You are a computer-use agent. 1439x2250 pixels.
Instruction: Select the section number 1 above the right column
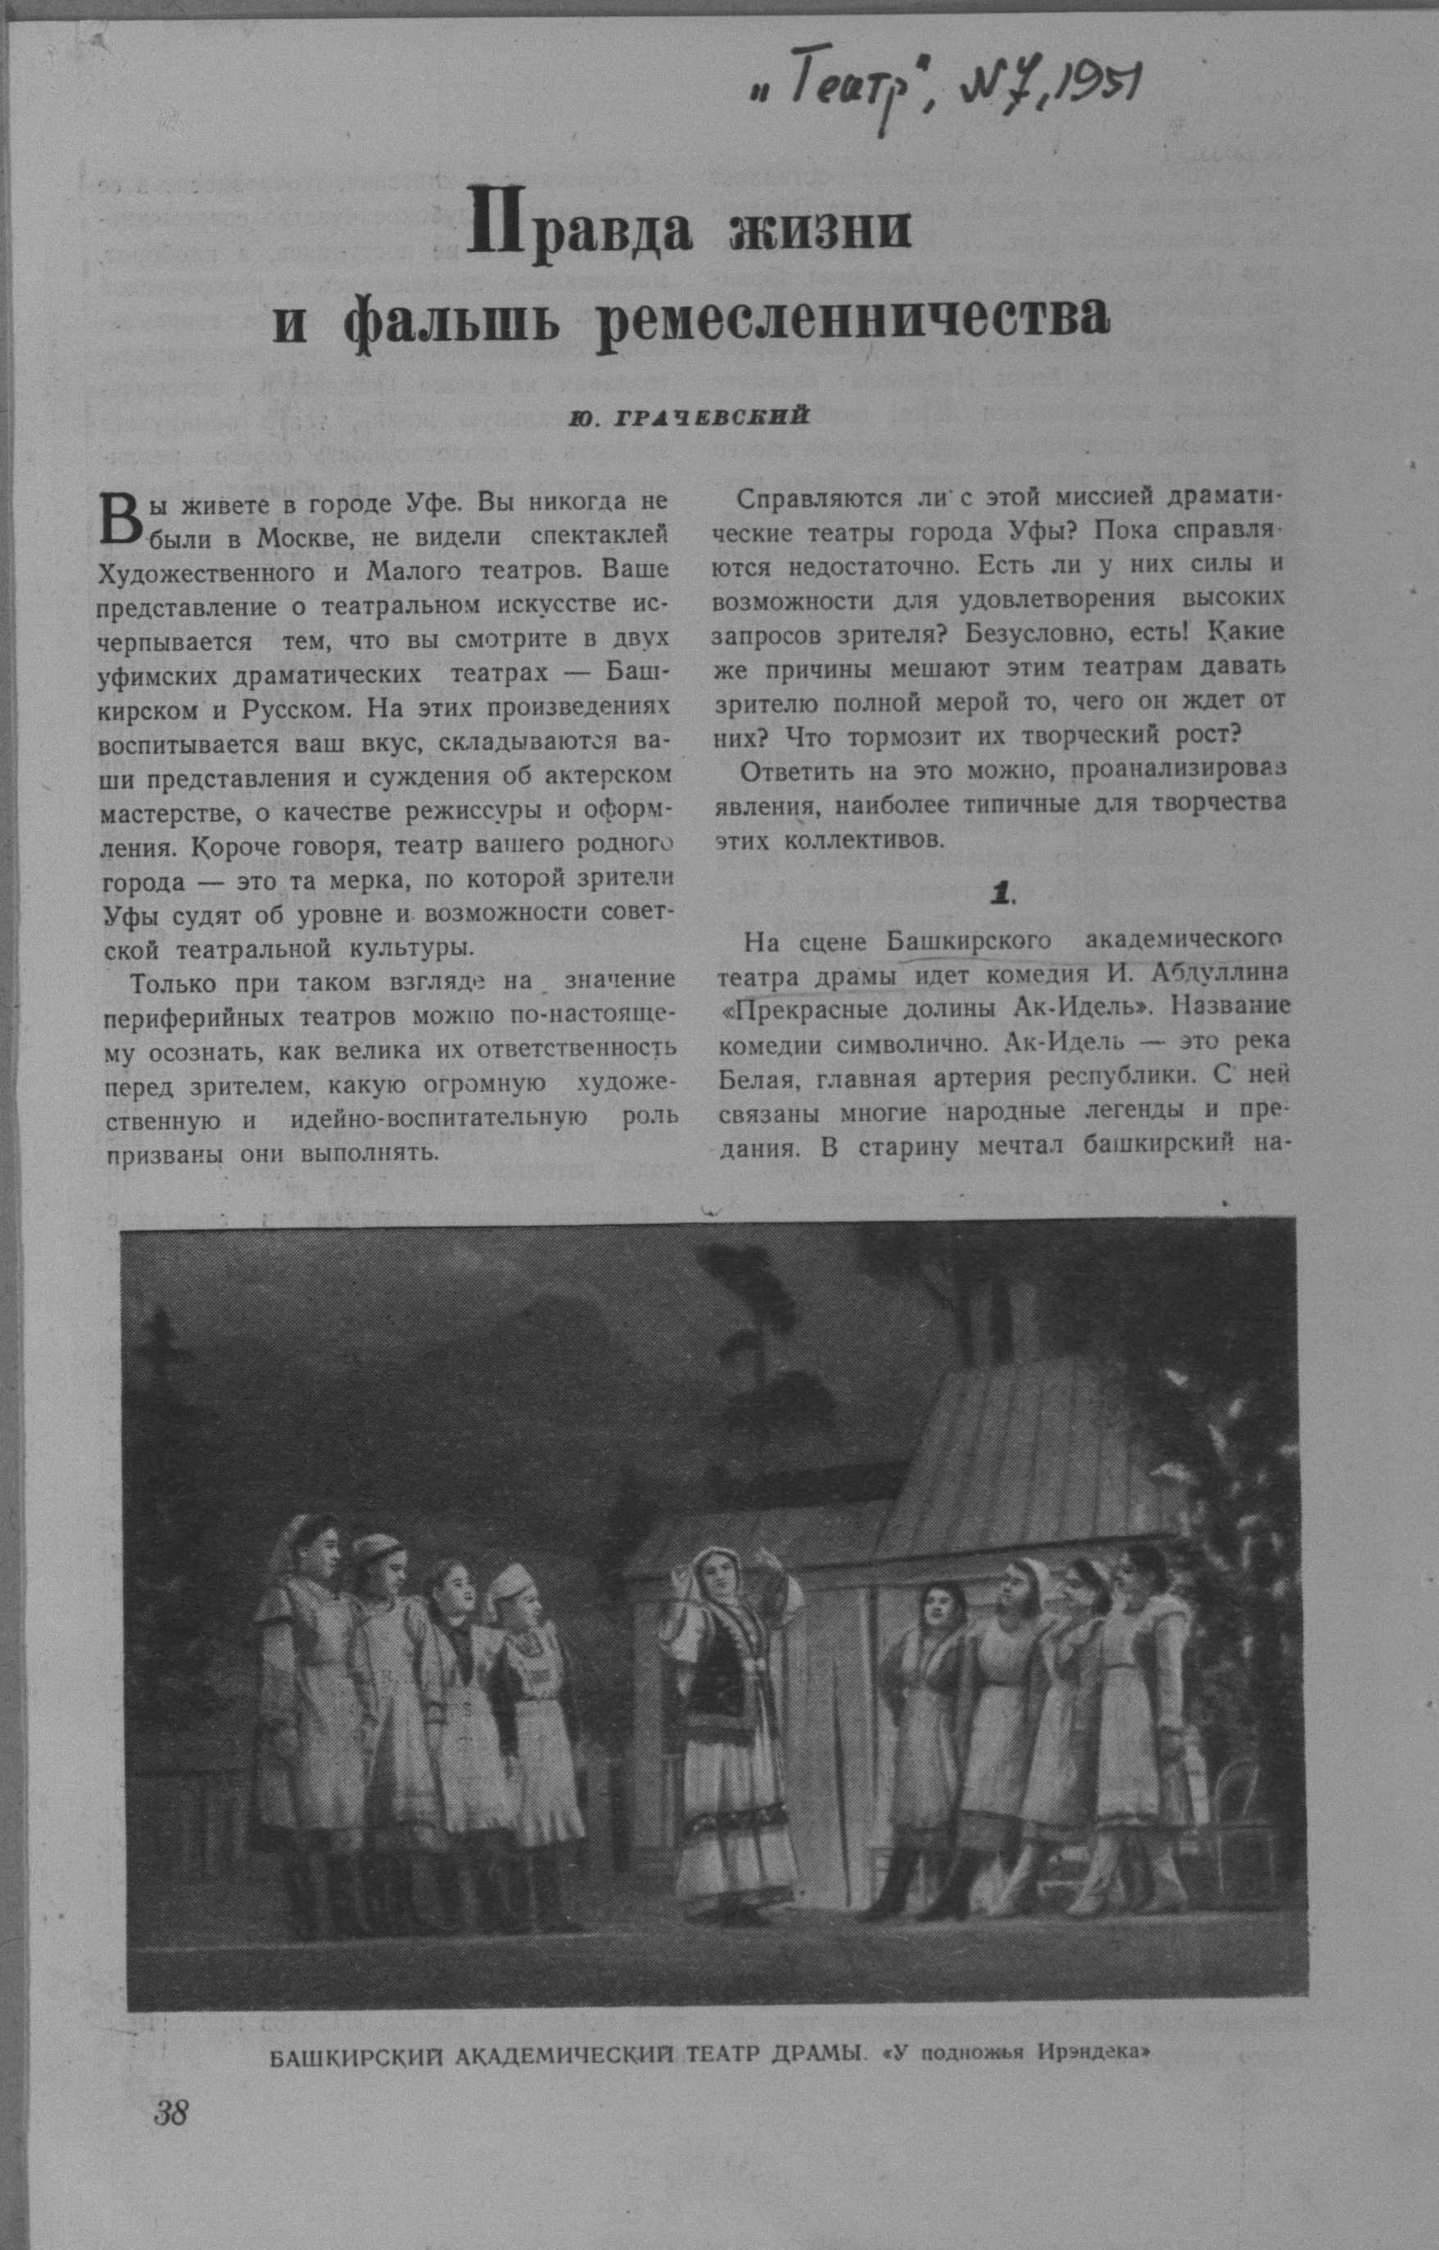[1002, 895]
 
